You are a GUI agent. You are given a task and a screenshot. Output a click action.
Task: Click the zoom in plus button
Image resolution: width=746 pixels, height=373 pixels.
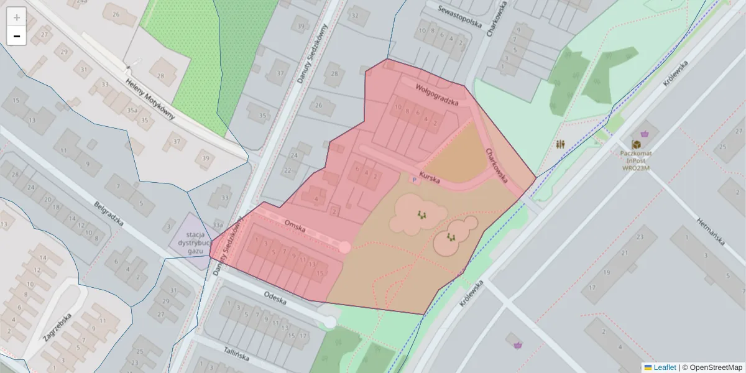(x=17, y=17)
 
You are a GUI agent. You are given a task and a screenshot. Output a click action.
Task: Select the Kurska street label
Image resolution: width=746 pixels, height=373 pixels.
(x=430, y=178)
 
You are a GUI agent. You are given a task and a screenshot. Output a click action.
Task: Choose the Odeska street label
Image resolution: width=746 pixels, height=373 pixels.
(x=274, y=298)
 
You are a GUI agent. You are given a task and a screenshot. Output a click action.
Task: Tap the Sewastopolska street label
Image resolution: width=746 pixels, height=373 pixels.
(x=459, y=17)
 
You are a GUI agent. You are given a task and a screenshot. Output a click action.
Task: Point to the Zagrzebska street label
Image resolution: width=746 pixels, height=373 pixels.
(x=57, y=328)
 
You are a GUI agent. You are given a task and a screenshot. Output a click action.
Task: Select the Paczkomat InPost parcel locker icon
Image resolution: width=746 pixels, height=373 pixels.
(x=635, y=144)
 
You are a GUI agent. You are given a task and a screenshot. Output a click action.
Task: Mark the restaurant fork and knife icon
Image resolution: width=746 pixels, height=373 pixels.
(x=561, y=144)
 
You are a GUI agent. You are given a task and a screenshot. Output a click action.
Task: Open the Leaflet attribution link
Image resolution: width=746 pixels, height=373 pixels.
(x=665, y=367)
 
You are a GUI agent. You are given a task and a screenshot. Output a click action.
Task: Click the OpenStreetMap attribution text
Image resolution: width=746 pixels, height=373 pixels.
(x=716, y=367)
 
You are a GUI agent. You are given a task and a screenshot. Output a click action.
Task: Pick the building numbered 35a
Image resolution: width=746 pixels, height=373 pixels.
(x=132, y=111)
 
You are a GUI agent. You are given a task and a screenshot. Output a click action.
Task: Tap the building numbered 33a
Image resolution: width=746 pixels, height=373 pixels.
(x=217, y=224)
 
